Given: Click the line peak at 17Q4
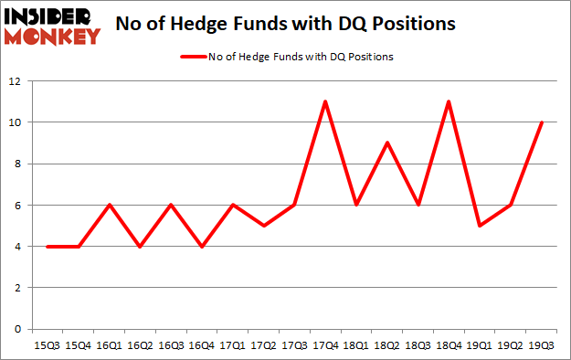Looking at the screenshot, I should coord(325,101).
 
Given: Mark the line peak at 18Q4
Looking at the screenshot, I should coord(448,101).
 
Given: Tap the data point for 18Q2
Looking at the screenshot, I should coord(386,143).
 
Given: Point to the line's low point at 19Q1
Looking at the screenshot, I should coord(478,226).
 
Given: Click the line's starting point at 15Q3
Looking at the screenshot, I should coord(48,246).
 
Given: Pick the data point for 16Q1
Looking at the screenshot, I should coord(109,205).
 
